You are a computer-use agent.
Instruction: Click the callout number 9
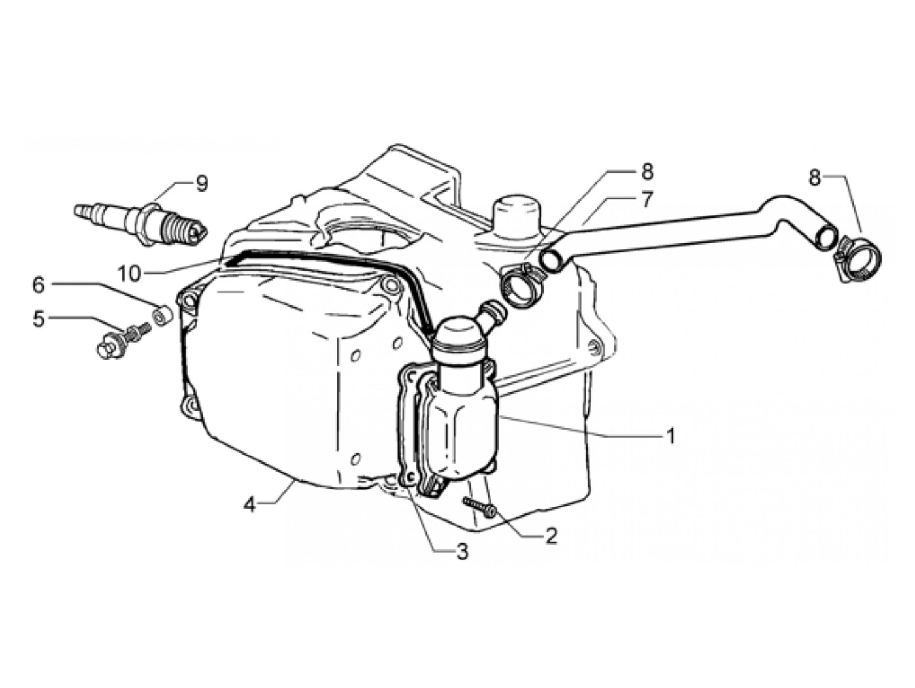click(x=202, y=184)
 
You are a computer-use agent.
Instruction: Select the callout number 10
click(x=129, y=274)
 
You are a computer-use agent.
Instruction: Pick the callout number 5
click(x=39, y=320)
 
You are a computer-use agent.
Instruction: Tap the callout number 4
click(x=249, y=506)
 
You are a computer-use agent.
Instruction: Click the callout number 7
click(x=646, y=200)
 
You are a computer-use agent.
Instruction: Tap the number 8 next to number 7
click(x=646, y=172)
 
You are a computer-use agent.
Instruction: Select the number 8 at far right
click(x=814, y=179)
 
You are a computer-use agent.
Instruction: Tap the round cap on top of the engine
click(x=517, y=211)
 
